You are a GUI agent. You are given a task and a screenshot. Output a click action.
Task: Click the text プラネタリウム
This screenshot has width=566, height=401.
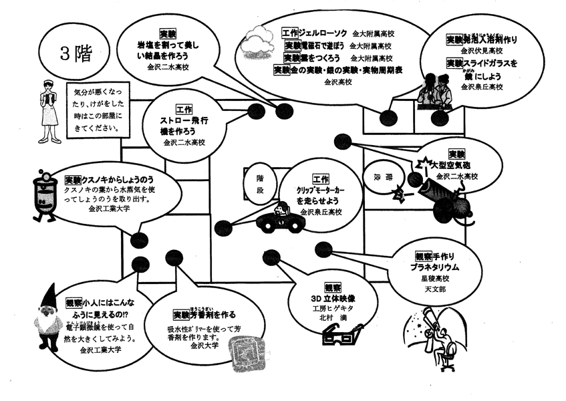436,267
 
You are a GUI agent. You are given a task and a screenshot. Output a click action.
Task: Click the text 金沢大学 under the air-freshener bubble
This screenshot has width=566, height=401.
204,346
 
